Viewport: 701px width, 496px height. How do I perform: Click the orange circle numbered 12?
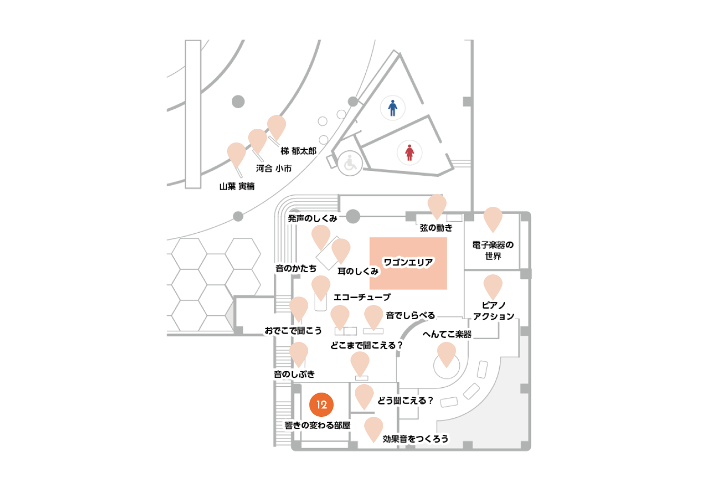click(x=321, y=404)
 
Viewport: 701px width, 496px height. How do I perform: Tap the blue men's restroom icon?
click(x=392, y=108)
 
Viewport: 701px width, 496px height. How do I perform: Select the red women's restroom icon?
click(x=409, y=152)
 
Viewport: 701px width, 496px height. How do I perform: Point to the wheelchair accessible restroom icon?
click(x=350, y=163)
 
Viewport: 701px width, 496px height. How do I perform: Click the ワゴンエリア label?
click(x=408, y=262)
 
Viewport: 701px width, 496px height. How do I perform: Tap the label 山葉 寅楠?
click(x=236, y=186)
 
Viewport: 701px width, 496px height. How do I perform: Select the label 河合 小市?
click(x=273, y=168)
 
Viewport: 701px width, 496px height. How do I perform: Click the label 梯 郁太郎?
click(x=298, y=151)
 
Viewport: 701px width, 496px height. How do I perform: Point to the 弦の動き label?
click(x=436, y=227)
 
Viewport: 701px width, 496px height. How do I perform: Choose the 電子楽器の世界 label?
click(x=493, y=250)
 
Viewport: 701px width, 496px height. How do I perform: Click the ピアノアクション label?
click(x=494, y=311)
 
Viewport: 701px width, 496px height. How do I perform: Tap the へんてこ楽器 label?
click(x=447, y=335)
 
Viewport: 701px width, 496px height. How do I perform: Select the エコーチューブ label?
click(x=362, y=297)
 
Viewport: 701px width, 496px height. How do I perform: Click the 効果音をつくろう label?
click(x=415, y=439)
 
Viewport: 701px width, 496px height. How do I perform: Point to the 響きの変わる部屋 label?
click(x=317, y=425)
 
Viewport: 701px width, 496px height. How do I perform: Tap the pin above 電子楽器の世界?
click(x=493, y=220)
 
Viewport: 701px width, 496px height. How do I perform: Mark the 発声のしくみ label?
click(x=312, y=218)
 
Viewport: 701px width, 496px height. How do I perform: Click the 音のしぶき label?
click(x=294, y=374)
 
